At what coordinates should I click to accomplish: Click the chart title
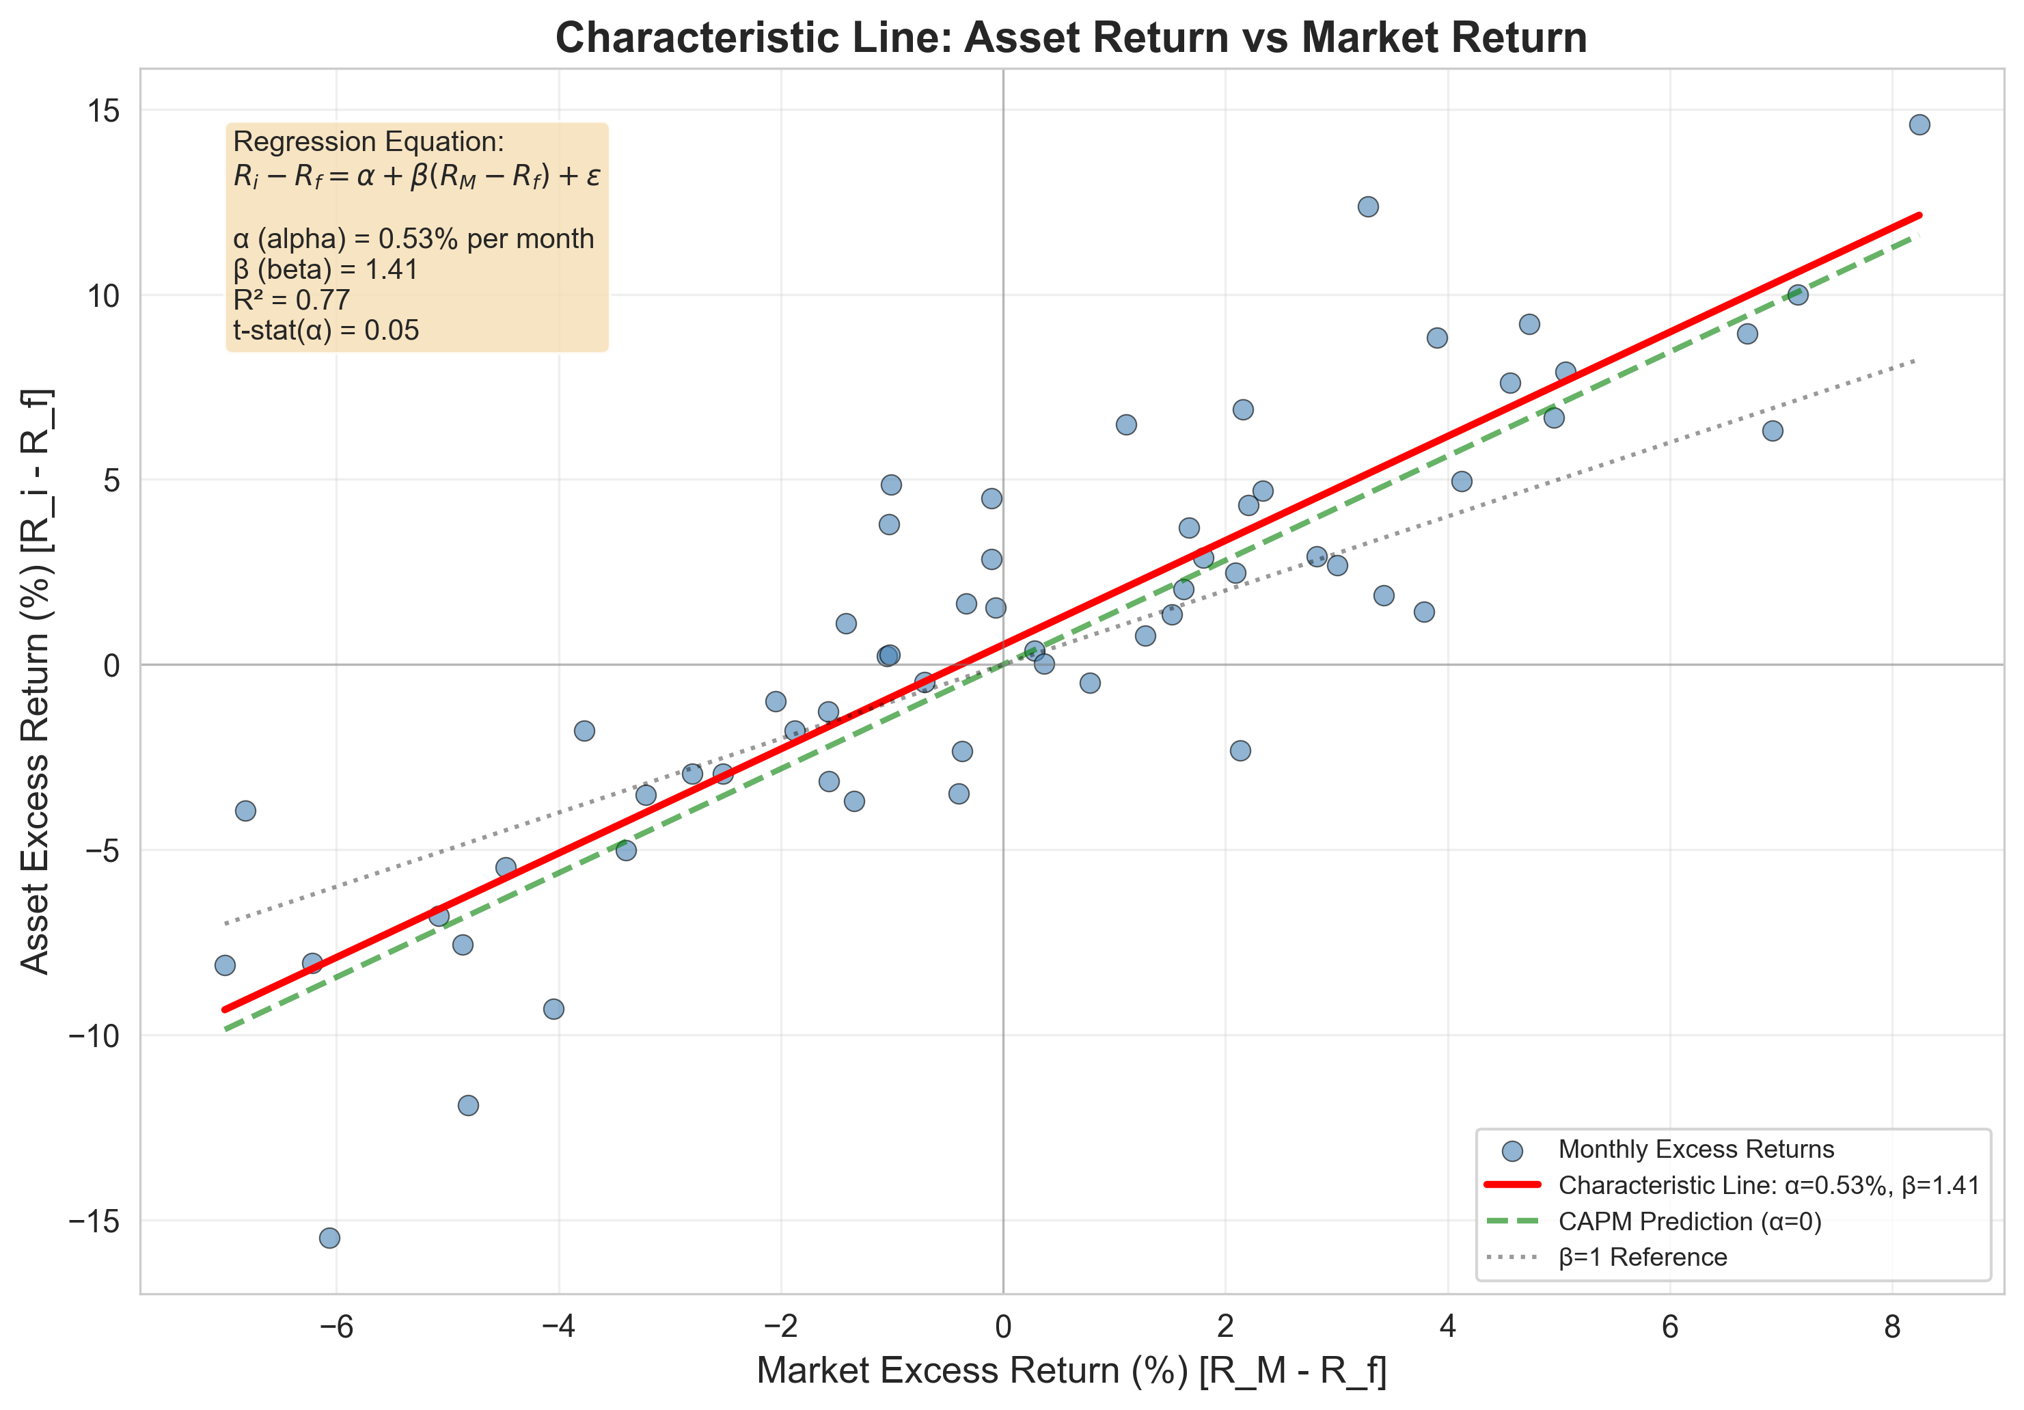pos(1071,38)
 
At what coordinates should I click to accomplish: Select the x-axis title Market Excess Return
pos(1071,1371)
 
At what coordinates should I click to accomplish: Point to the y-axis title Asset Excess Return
pos(36,681)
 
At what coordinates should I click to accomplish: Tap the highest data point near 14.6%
pos(1919,124)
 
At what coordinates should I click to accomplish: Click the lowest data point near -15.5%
pos(329,1238)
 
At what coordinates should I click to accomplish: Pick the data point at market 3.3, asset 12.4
pos(1368,206)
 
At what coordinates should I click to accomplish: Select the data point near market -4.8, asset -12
pos(468,1105)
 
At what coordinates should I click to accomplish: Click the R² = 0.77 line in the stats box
pos(292,300)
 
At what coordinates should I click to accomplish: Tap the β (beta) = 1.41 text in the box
pos(325,269)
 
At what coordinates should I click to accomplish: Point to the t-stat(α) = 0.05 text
pos(326,331)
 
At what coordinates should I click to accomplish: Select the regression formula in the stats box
pos(416,176)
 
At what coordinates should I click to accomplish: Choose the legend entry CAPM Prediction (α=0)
pos(1689,1221)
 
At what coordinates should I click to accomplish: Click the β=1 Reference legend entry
pos(1642,1257)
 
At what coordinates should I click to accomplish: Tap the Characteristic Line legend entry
pos(1768,1185)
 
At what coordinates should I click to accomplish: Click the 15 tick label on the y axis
pos(103,111)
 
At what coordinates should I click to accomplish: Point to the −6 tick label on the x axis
pos(336,1326)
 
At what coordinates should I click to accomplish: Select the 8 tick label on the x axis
pos(1891,1326)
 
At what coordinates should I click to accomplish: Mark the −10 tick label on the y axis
pos(94,1035)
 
